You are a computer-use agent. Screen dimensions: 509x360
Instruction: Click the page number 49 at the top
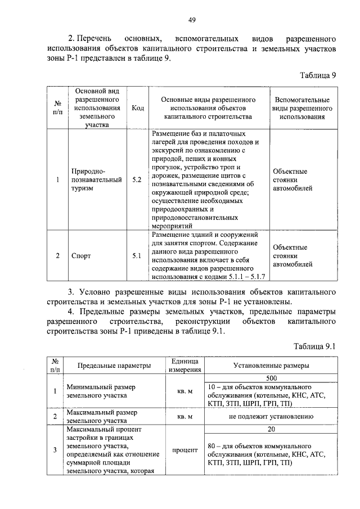click(191, 20)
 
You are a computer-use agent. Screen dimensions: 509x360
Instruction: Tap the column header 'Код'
click(137, 107)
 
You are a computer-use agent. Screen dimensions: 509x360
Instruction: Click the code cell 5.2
click(137, 180)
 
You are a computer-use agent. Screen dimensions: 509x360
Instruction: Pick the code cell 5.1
click(137, 255)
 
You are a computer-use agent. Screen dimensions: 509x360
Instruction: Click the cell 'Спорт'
click(82, 255)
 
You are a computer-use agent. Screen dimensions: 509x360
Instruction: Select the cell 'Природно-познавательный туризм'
click(96, 180)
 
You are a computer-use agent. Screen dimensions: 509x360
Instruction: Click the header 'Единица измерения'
click(185, 365)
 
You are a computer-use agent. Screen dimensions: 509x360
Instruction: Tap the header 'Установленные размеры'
click(271, 366)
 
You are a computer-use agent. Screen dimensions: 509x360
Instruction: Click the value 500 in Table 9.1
click(271, 379)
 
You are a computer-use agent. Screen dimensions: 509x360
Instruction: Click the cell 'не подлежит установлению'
click(271, 417)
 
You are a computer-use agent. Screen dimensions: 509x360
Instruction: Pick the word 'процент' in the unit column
click(185, 450)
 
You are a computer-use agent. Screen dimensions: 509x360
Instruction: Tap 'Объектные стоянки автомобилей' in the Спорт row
click(290, 255)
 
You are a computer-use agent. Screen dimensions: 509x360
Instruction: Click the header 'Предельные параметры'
click(114, 366)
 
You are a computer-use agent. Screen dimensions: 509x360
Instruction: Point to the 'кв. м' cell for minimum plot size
click(185, 391)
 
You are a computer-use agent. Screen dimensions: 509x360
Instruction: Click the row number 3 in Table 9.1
click(55, 450)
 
